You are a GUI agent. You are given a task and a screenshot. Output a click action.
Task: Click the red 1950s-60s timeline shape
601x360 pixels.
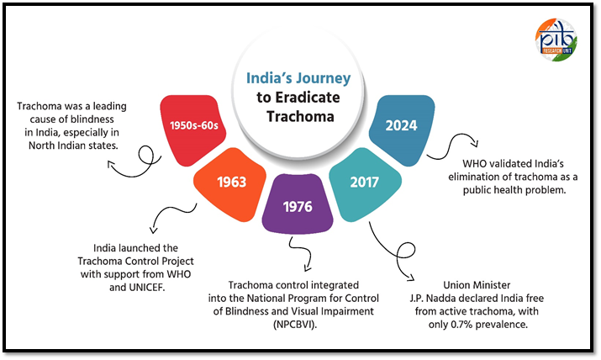coord(192,130)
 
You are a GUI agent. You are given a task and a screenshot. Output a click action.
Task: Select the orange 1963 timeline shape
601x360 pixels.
coord(230,184)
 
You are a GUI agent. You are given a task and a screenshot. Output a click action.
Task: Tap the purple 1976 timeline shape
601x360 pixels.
coord(298,204)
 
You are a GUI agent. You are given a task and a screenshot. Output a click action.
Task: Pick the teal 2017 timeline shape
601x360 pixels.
coord(365,184)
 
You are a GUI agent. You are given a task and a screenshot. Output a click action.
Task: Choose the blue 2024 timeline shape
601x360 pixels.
coord(402,130)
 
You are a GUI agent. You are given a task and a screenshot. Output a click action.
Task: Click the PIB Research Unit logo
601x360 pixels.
coord(556,40)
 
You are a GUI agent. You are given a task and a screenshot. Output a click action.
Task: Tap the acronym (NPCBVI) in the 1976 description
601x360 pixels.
coord(295,325)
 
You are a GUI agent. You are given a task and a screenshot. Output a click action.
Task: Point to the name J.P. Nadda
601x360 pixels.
coord(432,299)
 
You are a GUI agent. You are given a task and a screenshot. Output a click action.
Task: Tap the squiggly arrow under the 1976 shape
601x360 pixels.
coord(301,254)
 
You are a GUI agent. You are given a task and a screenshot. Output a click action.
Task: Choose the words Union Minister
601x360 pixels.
coord(477,285)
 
